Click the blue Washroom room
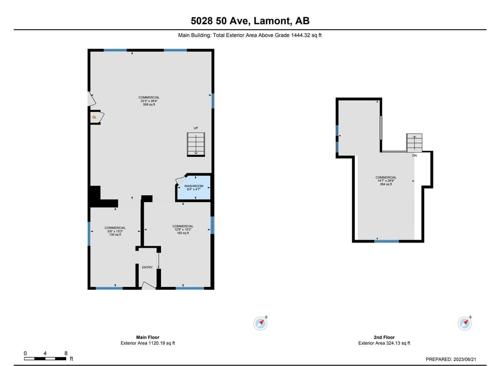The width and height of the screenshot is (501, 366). pyautogui.click(x=194, y=188)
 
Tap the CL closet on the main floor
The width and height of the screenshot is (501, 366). pyautogui.click(x=95, y=117)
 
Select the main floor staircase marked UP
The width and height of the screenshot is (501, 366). pyautogui.click(x=196, y=144)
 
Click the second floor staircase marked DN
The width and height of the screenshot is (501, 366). pyautogui.click(x=414, y=142)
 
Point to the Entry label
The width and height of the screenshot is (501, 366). pyautogui.click(x=147, y=267)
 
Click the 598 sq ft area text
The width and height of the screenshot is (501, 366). pyautogui.click(x=149, y=104)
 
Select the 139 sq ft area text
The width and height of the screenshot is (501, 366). pyautogui.click(x=115, y=234)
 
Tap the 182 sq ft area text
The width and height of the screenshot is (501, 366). pyautogui.click(x=183, y=233)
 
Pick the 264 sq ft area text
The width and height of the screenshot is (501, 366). pyautogui.click(x=386, y=184)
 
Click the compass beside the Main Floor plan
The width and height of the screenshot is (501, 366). pyautogui.click(x=261, y=323)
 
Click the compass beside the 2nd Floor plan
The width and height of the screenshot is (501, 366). pyautogui.click(x=465, y=323)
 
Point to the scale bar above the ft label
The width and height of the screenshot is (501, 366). pyautogui.click(x=45, y=359)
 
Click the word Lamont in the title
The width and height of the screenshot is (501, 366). pyautogui.click(x=272, y=21)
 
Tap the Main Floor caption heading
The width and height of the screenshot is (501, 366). pyautogui.click(x=148, y=337)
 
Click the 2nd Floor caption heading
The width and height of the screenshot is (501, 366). pyautogui.click(x=384, y=337)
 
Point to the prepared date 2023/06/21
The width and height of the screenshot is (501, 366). pyautogui.click(x=465, y=359)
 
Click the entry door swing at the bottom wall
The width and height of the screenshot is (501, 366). pyautogui.click(x=148, y=285)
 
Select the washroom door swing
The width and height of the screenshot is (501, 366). pyautogui.click(x=181, y=180)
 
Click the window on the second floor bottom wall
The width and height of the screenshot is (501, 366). pyautogui.click(x=387, y=241)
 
